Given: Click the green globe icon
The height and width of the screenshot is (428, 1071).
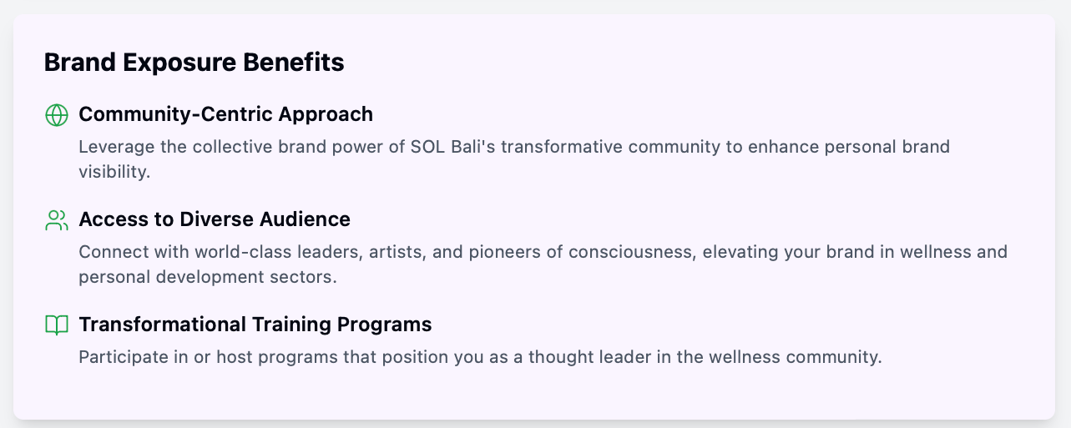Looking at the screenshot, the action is point(57,115).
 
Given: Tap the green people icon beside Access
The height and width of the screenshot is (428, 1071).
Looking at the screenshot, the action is point(57,220).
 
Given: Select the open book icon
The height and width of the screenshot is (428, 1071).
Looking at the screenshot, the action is point(57,325).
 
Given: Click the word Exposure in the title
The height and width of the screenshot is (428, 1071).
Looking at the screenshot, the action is point(179,63).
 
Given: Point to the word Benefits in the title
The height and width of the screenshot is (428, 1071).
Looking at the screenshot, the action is point(294,62).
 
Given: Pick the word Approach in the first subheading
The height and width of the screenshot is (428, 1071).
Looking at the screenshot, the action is point(326,114).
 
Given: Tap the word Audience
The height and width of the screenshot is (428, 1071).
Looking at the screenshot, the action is point(305,219).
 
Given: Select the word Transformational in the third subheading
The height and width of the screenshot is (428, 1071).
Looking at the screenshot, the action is point(162,325).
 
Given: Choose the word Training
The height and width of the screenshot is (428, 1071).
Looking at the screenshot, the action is point(291,325).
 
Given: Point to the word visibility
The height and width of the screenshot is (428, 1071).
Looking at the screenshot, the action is point(114,172).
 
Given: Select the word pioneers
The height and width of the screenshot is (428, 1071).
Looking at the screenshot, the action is point(504,252).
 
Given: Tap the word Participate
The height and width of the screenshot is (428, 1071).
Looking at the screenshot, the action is point(124,357).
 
